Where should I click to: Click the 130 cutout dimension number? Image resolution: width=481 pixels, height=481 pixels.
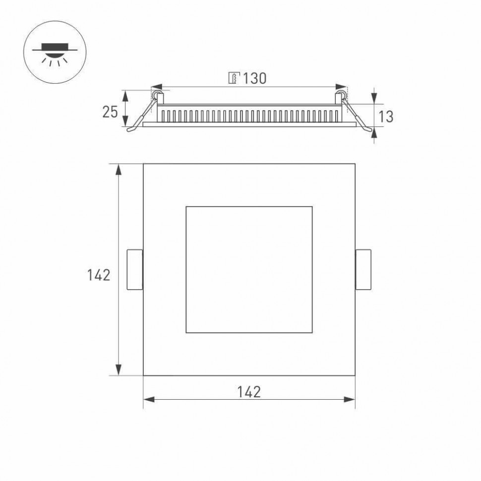254,78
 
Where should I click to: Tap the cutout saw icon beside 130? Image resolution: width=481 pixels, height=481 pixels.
234,78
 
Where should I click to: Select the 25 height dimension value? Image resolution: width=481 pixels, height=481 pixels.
110,113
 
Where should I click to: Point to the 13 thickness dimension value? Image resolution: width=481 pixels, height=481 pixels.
386,117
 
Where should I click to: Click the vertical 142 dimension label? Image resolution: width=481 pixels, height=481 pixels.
99,275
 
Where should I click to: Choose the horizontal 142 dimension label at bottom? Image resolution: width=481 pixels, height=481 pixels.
249,392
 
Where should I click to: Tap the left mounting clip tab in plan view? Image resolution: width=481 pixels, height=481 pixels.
135,270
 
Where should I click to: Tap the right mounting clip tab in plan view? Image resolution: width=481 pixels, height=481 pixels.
363,270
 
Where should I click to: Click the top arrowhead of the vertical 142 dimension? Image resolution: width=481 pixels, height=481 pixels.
119,169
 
